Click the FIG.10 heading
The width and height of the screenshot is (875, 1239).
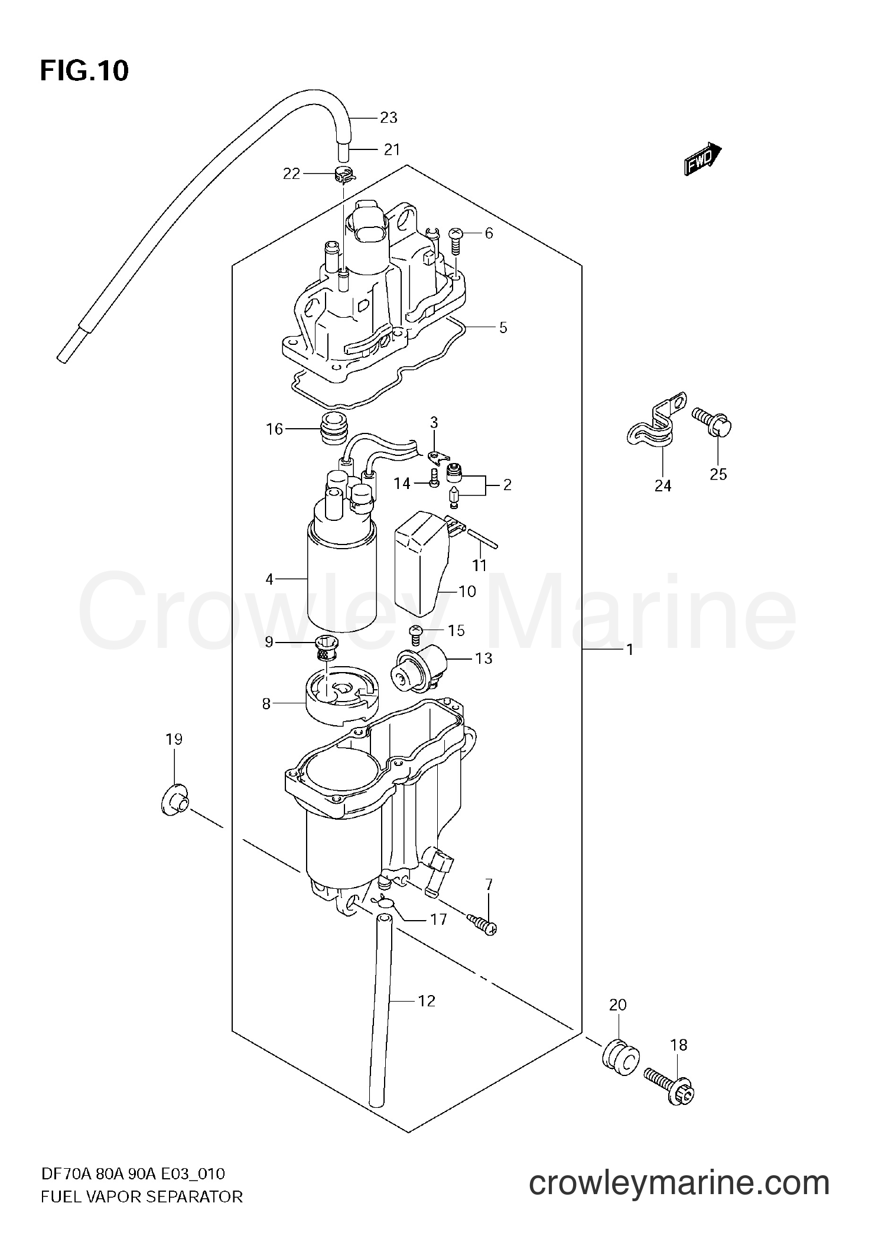(x=84, y=71)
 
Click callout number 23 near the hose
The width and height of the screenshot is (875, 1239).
(x=388, y=118)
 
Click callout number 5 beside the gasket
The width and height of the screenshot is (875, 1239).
(x=503, y=327)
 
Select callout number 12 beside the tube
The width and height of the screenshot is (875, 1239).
(x=427, y=1000)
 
